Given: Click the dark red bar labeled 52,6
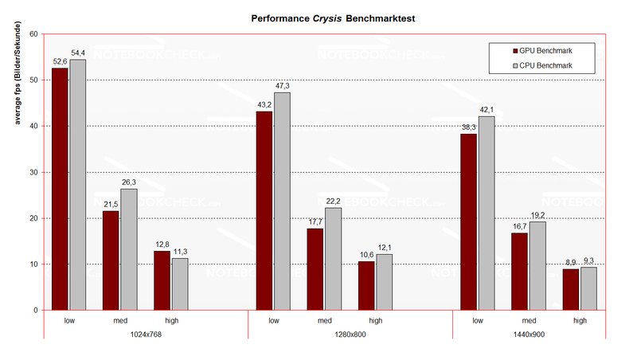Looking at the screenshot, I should (x=60, y=189).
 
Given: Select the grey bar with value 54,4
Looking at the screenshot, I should (x=77, y=185).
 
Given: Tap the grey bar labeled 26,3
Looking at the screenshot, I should (x=128, y=249).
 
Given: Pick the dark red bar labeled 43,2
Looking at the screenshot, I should (x=264, y=210).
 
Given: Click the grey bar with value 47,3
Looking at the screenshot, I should (x=282, y=201).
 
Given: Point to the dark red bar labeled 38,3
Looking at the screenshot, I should (x=469, y=221).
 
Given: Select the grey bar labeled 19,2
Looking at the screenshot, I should (x=537, y=265).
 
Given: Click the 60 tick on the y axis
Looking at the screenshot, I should (x=33, y=34).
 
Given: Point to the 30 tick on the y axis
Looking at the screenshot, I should (x=33, y=172).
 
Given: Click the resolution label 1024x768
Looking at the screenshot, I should (x=145, y=335).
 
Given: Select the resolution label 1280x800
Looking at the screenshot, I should (x=350, y=335).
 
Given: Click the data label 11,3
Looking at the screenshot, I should (x=179, y=252).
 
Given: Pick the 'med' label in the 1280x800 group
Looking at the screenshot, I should (x=324, y=320).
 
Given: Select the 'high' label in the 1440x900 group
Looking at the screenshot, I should (x=580, y=320).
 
